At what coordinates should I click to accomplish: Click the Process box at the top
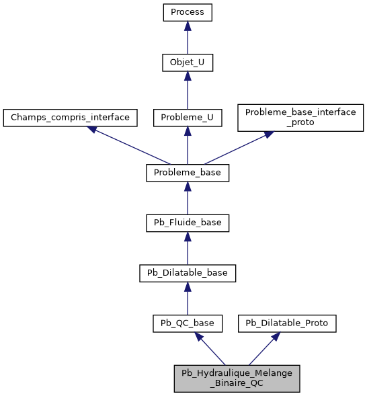tap(188, 12)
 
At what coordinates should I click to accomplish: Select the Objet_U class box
tap(188, 63)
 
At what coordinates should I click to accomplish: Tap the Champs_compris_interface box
tap(70, 117)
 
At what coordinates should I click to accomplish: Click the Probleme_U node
tap(188, 117)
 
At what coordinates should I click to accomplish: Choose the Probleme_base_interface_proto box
tap(300, 117)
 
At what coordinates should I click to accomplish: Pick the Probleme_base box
tap(188, 173)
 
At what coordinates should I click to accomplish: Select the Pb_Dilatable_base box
tap(188, 273)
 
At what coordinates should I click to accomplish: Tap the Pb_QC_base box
tap(188, 323)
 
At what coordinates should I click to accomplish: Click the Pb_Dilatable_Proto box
tap(287, 323)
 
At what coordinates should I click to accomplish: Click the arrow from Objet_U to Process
tap(188, 38)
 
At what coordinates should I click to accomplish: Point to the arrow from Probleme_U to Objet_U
tap(188, 90)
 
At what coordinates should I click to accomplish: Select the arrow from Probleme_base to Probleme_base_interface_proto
tap(238, 147)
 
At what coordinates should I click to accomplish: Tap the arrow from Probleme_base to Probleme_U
tap(188, 145)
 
